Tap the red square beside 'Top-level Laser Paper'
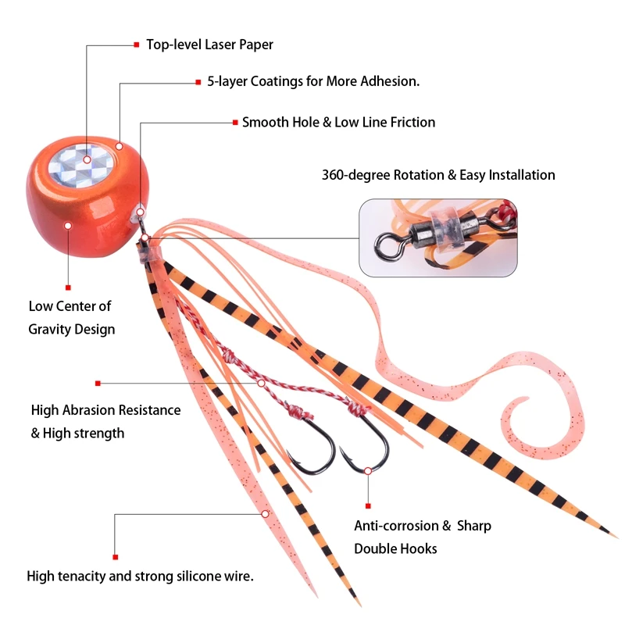pos(136,45)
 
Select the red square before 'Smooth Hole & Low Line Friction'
pos(234,123)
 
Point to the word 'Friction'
pos(410,123)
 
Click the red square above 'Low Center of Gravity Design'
pos(68,287)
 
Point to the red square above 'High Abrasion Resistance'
pos(98,384)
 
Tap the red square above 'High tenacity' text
pos(115,556)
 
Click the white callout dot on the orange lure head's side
pos(68,225)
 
